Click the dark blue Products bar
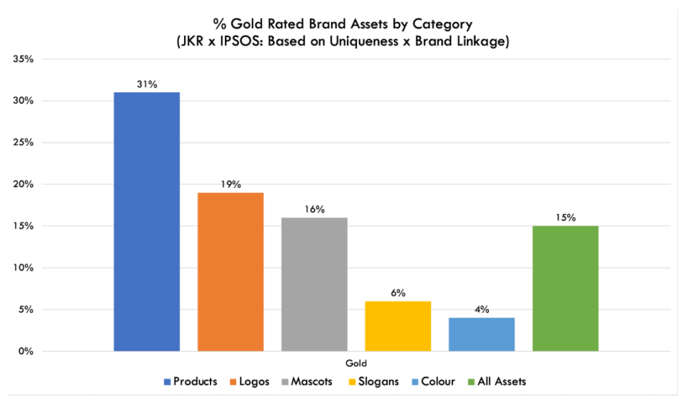pos(146,221)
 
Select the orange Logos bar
pos(231,271)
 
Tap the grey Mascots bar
pos(314,284)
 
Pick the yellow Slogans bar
pos(398,326)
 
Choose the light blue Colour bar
pos(482,334)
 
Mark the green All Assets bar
pos(565,288)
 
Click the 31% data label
pos(147,84)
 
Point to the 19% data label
pos(231,184)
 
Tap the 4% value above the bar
pos(482,309)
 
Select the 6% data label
pos(398,293)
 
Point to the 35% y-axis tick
pos(24,59)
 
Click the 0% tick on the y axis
pos(26,351)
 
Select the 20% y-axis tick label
pos(24,184)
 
